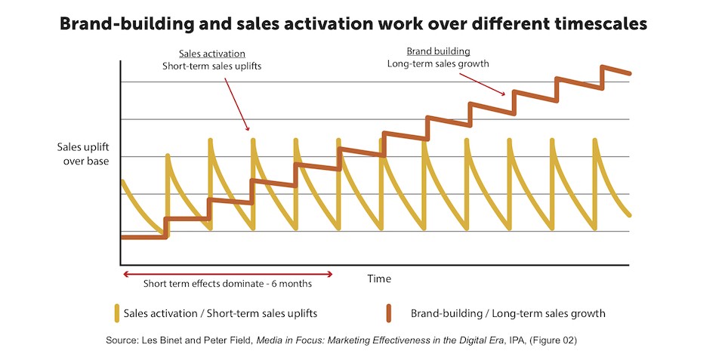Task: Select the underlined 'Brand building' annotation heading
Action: [438, 51]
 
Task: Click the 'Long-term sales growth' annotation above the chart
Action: [438, 63]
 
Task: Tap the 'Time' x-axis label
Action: [379, 278]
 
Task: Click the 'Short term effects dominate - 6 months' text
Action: [227, 285]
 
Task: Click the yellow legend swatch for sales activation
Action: [118, 312]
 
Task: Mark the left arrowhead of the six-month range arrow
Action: [125, 274]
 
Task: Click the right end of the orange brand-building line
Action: [628, 73]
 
